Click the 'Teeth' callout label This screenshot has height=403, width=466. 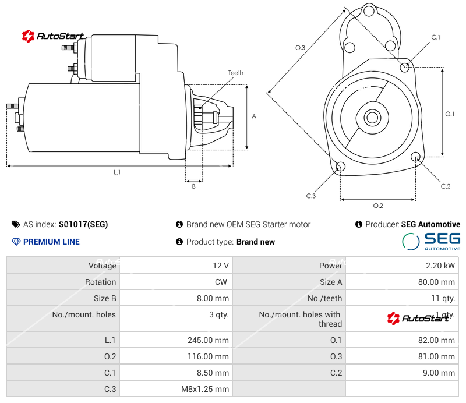(x=235, y=73)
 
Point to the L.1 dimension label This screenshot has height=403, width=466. (x=117, y=172)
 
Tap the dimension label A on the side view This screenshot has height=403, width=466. (x=254, y=116)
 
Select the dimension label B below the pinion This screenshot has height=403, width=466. (x=193, y=186)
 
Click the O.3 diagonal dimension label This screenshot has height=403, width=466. (x=300, y=48)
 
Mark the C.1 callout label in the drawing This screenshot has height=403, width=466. (x=435, y=37)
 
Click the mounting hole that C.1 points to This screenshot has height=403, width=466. (x=405, y=67)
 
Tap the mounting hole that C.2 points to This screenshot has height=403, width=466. (x=416, y=157)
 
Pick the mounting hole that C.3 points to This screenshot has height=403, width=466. (x=341, y=168)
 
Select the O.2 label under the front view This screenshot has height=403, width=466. (x=377, y=206)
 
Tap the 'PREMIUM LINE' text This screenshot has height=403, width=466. (x=51, y=242)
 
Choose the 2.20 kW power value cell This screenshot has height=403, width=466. (x=442, y=266)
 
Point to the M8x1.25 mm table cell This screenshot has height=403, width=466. (x=206, y=389)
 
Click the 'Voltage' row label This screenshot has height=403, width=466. (x=102, y=266)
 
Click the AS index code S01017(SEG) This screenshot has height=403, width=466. (x=83, y=224)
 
